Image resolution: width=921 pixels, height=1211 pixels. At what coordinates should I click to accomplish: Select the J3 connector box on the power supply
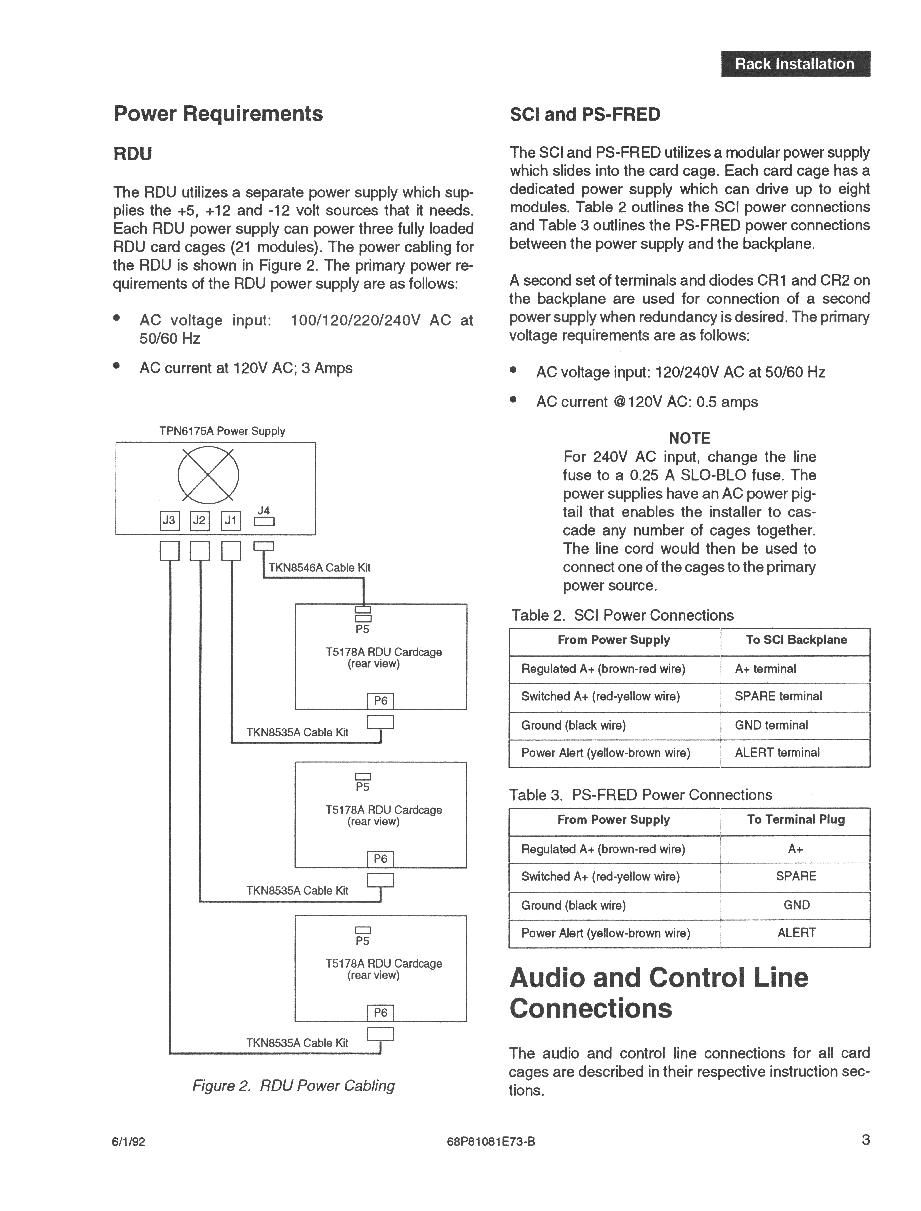(x=169, y=520)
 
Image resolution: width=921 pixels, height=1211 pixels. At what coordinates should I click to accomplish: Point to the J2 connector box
(x=200, y=520)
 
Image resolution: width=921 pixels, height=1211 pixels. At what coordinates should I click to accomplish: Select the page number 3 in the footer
(x=866, y=1140)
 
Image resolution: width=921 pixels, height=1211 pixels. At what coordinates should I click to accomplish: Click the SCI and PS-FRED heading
(x=585, y=115)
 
